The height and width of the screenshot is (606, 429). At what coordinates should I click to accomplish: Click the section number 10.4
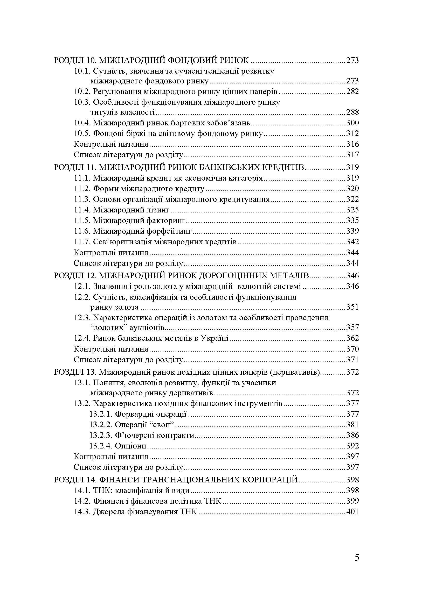pos(82,123)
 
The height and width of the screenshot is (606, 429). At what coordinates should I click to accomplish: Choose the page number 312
pos(352,133)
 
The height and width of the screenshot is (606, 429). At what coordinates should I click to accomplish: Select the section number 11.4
pos(82,210)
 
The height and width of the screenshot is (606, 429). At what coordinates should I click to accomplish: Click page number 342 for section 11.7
pos(352,242)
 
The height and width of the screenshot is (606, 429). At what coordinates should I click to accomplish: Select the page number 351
pos(352,307)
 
